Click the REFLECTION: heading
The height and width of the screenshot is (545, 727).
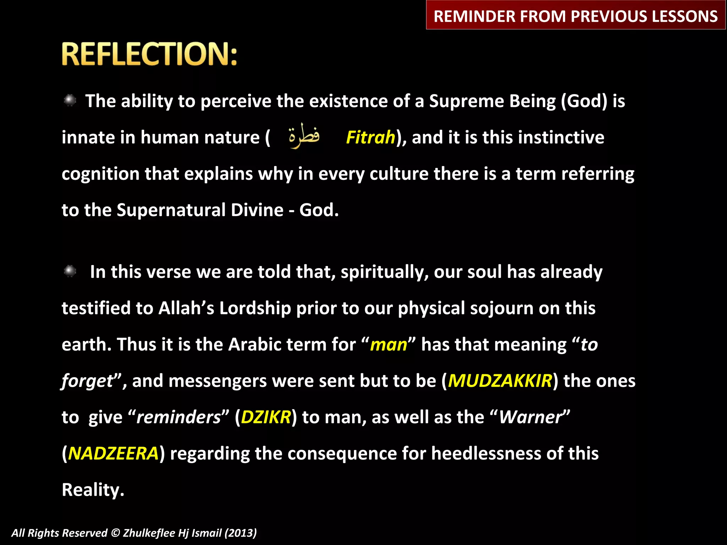(x=149, y=54)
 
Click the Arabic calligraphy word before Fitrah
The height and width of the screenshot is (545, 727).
(x=304, y=136)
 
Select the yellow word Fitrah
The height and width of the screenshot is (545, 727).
(x=370, y=138)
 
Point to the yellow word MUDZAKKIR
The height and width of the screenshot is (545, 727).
(x=500, y=381)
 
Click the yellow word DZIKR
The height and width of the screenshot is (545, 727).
(x=266, y=417)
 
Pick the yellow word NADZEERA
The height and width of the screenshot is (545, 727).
(x=113, y=454)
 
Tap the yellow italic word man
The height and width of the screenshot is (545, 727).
(x=388, y=345)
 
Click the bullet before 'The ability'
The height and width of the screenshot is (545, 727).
(x=70, y=100)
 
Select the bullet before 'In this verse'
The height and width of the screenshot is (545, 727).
(x=70, y=271)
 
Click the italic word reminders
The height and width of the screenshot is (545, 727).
(x=179, y=417)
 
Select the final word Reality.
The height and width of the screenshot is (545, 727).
(x=93, y=490)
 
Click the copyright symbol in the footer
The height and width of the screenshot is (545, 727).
(x=115, y=533)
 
